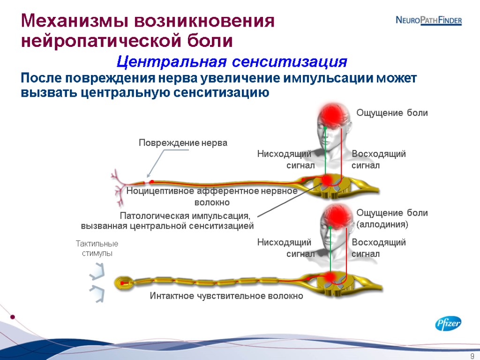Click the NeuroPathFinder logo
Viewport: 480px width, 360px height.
tap(428, 20)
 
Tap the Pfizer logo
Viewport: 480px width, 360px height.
tap(448, 323)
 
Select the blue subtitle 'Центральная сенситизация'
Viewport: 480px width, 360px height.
tap(232, 61)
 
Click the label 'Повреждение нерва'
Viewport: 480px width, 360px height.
tap(183, 143)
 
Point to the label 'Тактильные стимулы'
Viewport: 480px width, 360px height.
tap(97, 248)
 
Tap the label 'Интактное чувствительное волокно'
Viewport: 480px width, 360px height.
tap(226, 296)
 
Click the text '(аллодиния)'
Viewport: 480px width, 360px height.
tap(383, 225)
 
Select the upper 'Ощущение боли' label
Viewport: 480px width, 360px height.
tap(392, 113)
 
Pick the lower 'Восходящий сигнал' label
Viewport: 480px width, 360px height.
tap(378, 248)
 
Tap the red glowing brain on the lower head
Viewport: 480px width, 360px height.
tap(335, 215)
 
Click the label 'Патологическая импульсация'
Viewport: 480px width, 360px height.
tap(186, 216)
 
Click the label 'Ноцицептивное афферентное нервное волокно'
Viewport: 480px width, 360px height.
tap(212, 196)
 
